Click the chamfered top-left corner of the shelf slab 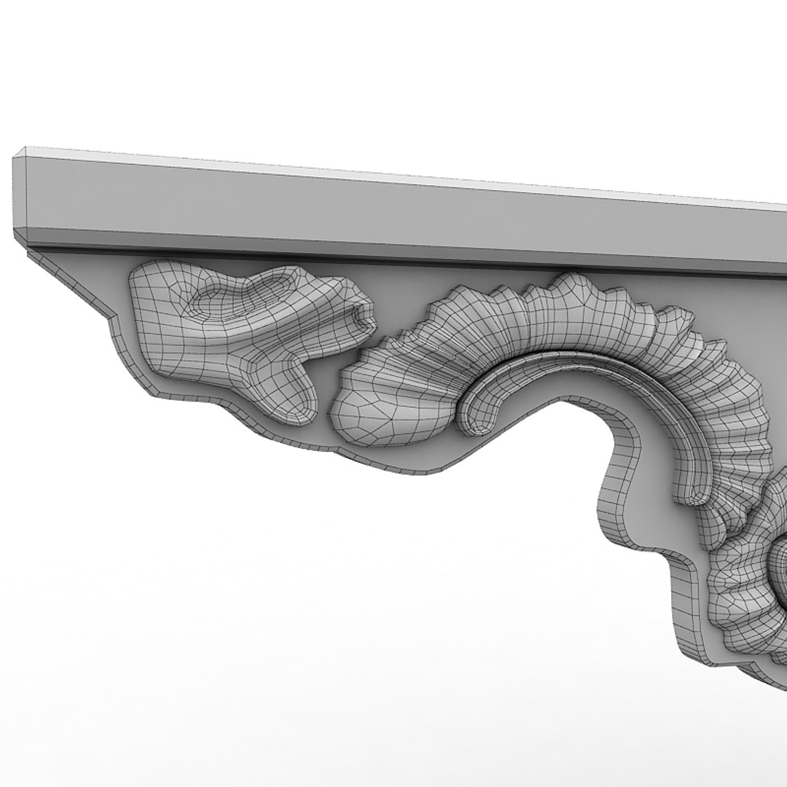click(22, 152)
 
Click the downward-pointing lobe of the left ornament click(295, 393)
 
